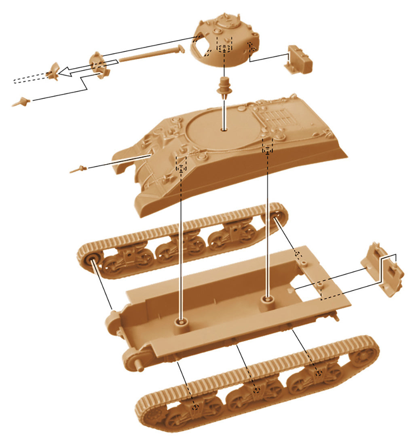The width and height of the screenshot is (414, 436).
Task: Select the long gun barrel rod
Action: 150,55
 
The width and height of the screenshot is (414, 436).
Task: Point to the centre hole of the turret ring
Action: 224,130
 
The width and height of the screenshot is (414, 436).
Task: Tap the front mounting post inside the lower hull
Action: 181,323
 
